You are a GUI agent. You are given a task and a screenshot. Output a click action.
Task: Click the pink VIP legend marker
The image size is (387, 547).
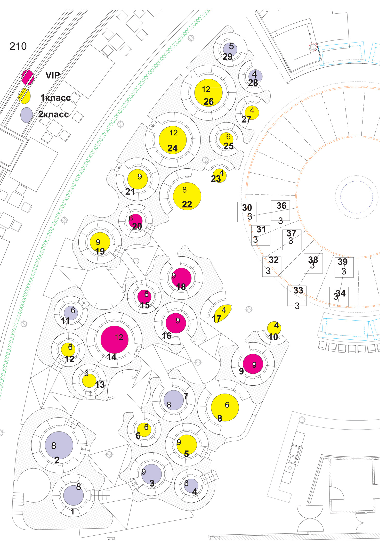[28, 77]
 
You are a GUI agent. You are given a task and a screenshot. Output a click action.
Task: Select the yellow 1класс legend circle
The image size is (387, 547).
[25, 96]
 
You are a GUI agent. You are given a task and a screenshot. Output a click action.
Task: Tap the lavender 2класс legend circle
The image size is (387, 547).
[27, 115]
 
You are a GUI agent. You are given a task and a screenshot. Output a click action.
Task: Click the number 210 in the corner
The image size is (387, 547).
[18, 46]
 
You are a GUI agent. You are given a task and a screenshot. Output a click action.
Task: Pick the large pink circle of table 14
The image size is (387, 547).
[114, 340]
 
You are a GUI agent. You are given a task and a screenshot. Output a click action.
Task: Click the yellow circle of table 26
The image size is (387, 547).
[208, 93]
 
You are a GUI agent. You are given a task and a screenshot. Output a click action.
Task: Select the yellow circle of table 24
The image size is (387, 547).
[173, 140]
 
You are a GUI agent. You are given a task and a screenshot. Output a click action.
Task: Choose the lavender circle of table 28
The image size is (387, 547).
[255, 76]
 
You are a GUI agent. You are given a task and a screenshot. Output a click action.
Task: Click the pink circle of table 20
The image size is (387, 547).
[136, 221]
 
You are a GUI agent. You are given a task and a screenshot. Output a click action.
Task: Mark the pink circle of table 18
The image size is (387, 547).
[181, 278]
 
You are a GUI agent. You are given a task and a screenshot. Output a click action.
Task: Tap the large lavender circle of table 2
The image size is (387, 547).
[59, 445]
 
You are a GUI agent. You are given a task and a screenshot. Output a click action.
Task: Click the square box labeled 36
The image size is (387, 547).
[280, 211]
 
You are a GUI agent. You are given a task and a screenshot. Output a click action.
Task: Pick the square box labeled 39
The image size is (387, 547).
[344, 267]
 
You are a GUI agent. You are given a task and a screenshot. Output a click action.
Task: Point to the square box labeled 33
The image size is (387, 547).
[297, 296]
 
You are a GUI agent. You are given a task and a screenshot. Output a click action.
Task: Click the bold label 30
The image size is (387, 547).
[247, 208]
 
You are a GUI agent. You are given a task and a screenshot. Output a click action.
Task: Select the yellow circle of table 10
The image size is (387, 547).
[274, 328]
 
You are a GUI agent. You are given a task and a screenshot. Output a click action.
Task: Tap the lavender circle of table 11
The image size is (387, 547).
[71, 313]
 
